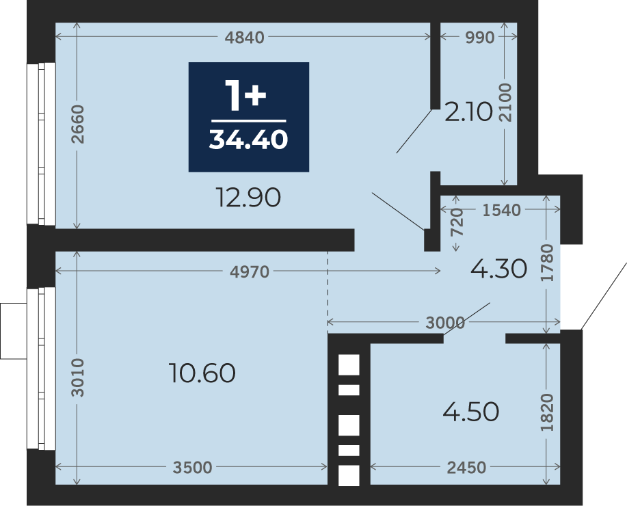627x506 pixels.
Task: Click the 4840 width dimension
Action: pos(244,37)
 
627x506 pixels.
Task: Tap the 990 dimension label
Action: pos(480,37)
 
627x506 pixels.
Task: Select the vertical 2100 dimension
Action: pos(505,103)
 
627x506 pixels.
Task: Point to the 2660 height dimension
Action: pos(77,124)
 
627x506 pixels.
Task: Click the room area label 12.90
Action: pos(248,197)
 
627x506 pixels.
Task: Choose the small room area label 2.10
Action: pos(468,112)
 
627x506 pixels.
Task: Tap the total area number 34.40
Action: pos(248,140)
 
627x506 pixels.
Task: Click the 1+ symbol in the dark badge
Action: pos(245,95)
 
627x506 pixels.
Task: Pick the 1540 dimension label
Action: pos(501,210)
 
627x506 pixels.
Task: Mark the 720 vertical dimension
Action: pos(457,222)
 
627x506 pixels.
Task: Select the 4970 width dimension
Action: pos(250,272)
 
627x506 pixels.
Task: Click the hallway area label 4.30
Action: pos(498,269)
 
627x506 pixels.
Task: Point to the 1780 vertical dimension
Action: pos(547,263)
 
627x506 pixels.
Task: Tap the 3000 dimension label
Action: pos(445,322)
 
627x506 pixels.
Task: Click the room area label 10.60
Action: pos(202,373)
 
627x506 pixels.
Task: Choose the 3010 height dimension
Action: pos(77,377)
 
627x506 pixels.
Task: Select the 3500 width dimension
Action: pos(192,467)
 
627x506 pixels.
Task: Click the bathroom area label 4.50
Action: pos(470,412)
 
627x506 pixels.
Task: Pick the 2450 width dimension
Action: pos(466,467)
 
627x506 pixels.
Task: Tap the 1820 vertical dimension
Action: pos(547,412)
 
